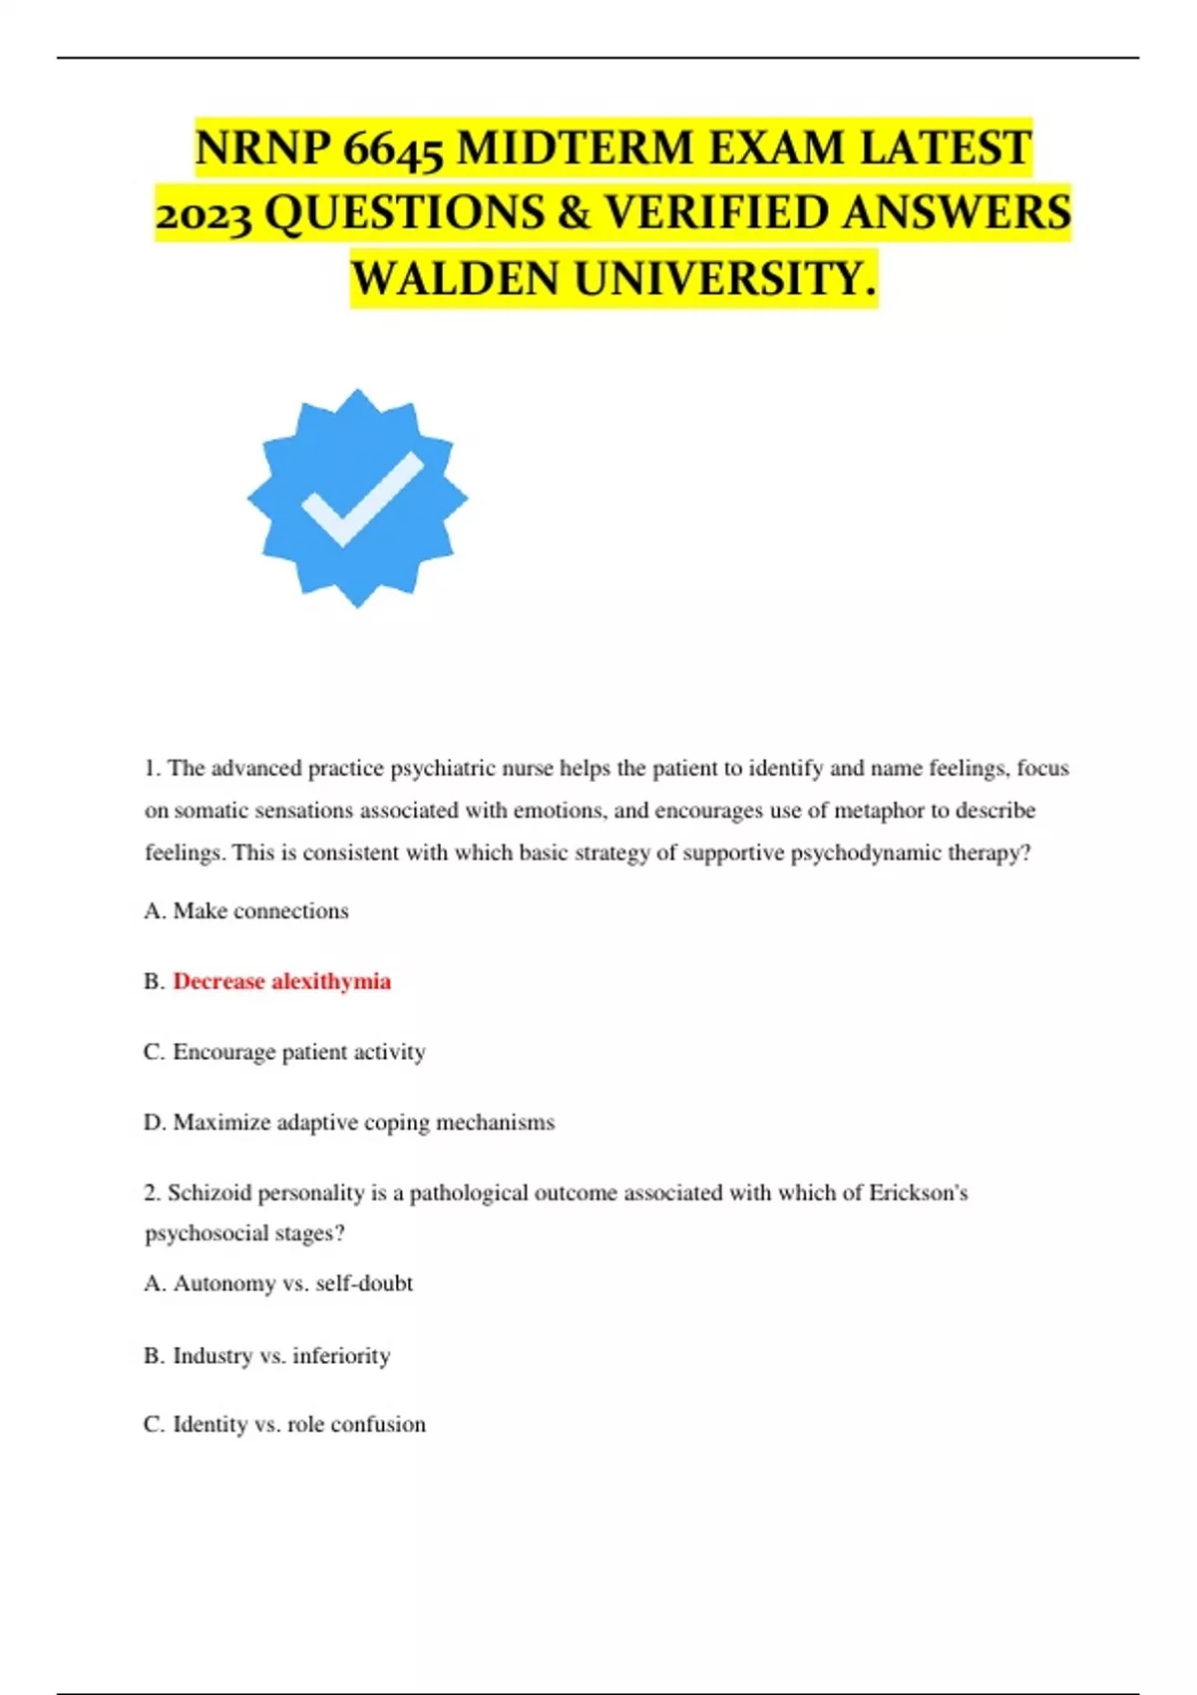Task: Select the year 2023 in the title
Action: (x=203, y=214)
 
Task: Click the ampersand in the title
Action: (x=574, y=214)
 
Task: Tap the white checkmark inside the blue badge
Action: (x=361, y=499)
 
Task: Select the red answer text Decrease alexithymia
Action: (x=281, y=981)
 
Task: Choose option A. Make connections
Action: (x=246, y=910)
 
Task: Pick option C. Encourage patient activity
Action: (x=284, y=1052)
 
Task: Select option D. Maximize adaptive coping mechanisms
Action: (x=349, y=1123)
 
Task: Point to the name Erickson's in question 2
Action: (x=918, y=1192)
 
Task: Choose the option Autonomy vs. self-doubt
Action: (x=278, y=1283)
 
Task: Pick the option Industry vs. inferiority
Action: (x=267, y=1356)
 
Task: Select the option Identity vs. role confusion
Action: (x=284, y=1425)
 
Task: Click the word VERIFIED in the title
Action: (x=717, y=214)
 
